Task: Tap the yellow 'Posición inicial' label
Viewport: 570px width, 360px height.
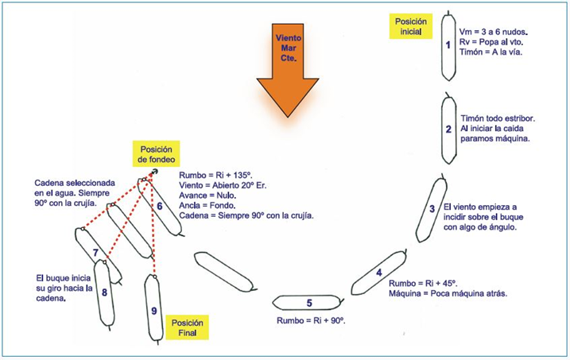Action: click(411, 26)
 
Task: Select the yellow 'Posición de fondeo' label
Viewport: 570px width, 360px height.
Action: click(157, 154)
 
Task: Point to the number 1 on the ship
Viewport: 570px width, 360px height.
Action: click(448, 45)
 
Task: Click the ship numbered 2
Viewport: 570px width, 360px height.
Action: click(448, 127)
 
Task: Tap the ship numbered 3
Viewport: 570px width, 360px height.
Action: click(432, 210)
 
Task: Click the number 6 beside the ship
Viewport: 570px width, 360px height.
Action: click(160, 206)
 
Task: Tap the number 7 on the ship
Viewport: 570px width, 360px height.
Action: click(95, 254)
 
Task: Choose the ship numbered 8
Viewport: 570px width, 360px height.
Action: click(104, 293)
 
